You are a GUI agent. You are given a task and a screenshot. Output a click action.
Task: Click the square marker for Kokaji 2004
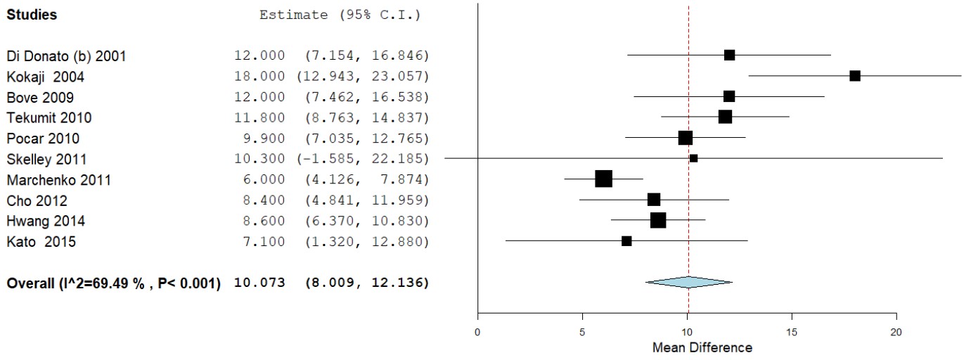coord(854,76)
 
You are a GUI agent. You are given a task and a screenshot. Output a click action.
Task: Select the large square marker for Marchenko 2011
coord(603,179)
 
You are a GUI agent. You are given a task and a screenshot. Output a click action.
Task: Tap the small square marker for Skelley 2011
coord(693,158)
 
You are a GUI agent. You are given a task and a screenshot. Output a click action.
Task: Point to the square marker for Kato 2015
coord(626,241)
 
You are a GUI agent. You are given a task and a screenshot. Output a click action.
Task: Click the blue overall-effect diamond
coord(688,282)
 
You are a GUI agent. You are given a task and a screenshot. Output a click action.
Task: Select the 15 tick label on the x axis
coord(792,331)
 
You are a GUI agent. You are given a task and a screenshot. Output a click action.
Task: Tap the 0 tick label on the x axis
coord(478,331)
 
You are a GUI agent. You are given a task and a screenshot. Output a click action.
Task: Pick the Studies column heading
coord(32,15)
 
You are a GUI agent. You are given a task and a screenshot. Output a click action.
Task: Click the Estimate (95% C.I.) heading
coord(340,15)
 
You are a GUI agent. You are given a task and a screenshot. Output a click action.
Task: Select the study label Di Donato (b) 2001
coord(67,56)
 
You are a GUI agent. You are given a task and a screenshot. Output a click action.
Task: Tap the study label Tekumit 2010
coord(49,117)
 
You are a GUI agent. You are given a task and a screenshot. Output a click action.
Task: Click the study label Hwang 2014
coord(46,221)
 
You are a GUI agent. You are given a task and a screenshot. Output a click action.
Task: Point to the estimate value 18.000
coord(260,76)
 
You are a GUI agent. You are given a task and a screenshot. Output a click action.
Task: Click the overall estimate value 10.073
coord(260,283)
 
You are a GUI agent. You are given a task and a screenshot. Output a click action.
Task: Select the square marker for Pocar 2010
coord(685,138)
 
